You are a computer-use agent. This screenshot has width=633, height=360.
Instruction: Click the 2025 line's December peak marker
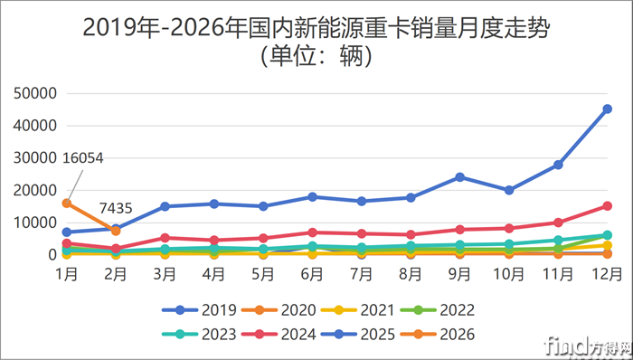pos(607,109)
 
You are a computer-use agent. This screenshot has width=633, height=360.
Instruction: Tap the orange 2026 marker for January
pos(66,203)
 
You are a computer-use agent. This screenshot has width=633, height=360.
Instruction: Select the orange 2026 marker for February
pos(116,231)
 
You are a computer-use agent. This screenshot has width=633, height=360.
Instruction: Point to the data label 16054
pos(83,158)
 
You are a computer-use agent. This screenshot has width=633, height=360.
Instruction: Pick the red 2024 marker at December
pos(607,205)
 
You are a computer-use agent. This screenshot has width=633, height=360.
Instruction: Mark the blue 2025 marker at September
pos(459,177)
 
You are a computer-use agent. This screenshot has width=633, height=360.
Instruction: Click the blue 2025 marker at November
pos(558,165)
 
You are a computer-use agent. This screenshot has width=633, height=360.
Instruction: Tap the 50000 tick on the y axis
pos(37,93)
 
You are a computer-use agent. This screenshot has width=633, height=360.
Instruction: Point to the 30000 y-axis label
pos(37,157)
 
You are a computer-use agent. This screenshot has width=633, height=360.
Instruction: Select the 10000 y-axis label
pos(37,223)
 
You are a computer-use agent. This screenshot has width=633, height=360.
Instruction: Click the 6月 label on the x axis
pos(312,272)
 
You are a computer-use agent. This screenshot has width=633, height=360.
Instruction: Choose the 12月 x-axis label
pos(607,272)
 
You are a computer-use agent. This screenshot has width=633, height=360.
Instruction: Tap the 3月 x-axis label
pos(165,272)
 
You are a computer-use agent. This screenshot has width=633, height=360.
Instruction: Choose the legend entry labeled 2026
pos(446,334)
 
